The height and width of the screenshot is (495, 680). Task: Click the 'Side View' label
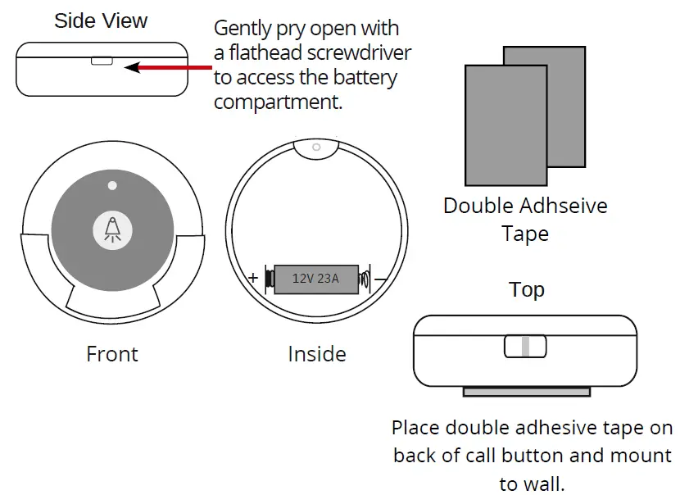coord(100,20)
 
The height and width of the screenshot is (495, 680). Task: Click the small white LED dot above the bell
coord(112,185)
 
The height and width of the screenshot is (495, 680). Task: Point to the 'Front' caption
coord(112,354)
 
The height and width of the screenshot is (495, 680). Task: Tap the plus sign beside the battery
coord(253,278)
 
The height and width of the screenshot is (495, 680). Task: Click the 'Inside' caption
coord(317,354)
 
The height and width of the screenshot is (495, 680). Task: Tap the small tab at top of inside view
coord(316,148)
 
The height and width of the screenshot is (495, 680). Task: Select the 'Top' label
coord(526,290)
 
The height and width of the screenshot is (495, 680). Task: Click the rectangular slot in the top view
coord(524,346)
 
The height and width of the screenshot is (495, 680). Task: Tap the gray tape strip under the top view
coord(525,393)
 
